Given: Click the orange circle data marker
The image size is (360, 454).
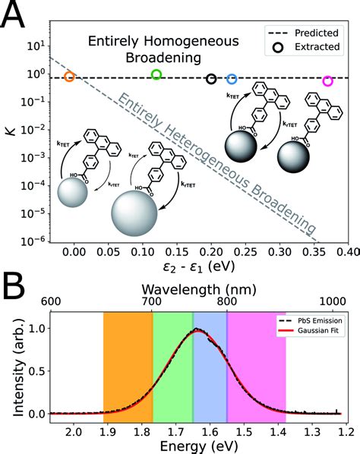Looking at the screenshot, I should pyautogui.click(x=69, y=77).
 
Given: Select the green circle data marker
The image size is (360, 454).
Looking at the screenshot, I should pyautogui.click(x=156, y=74).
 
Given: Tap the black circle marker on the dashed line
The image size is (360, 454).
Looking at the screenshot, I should pyautogui.click(x=211, y=79).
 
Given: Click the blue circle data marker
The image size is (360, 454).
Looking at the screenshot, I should pyautogui.click(x=232, y=79).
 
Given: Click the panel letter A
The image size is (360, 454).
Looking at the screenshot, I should pyautogui.click(x=17, y=14).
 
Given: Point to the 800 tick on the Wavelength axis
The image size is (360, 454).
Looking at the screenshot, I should pyautogui.click(x=227, y=301).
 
